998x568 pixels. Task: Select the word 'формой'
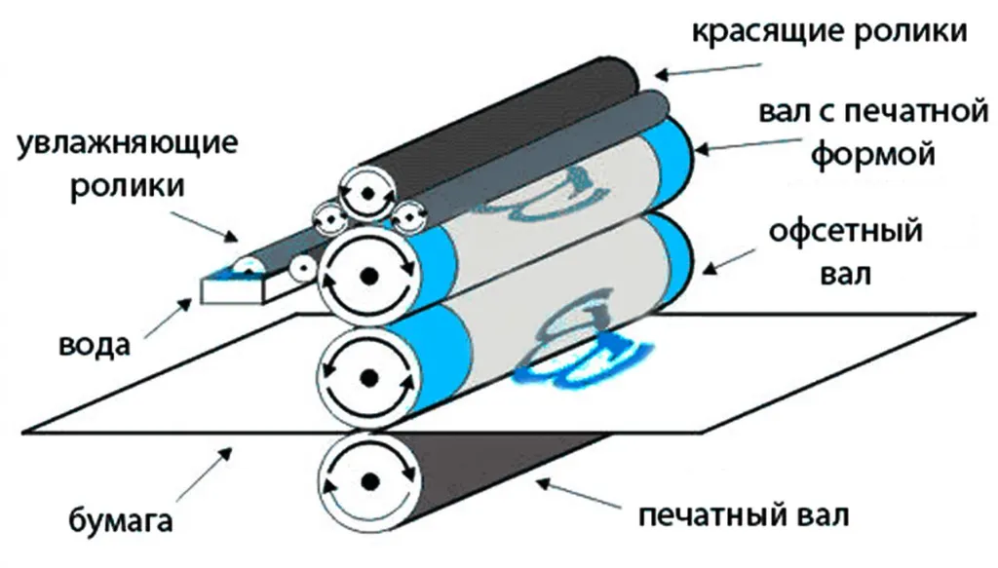873,155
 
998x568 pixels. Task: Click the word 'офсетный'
845,231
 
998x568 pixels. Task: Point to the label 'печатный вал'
744,514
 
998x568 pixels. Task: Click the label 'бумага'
120,520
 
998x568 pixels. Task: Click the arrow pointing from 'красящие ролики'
709,70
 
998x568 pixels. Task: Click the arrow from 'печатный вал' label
579,495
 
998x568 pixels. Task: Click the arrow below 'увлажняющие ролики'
205,226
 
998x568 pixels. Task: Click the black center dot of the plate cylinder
369,276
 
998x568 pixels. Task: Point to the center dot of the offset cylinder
369,378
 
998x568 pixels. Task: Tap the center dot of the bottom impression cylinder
369,481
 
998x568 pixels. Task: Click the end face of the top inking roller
366,193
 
